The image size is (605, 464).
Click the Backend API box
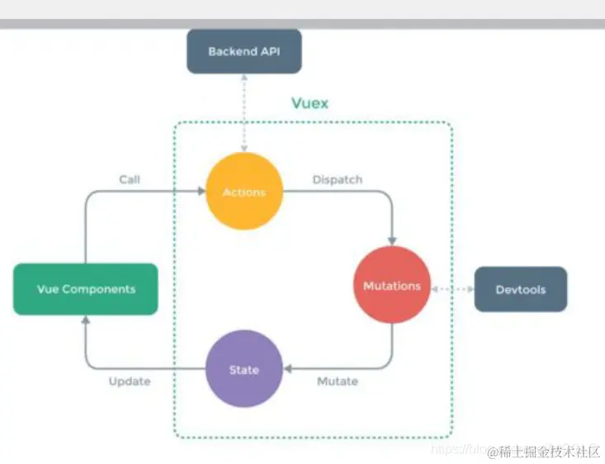click(x=243, y=51)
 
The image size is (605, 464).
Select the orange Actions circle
click(x=244, y=192)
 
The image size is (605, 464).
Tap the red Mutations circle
click(x=392, y=286)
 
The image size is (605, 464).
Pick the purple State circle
click(x=244, y=370)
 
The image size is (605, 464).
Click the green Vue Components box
click(x=86, y=289)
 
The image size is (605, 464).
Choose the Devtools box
click(x=521, y=289)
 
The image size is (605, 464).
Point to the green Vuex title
click(x=310, y=103)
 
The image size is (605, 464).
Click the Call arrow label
click(x=130, y=178)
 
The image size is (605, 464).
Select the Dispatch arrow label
click(x=337, y=178)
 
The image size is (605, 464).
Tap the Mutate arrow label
click(x=338, y=381)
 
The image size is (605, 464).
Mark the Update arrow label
click(x=130, y=381)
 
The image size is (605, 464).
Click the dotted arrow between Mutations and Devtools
click(x=452, y=289)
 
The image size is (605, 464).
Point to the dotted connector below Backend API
click(x=244, y=112)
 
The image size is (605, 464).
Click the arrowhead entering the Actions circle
click(x=201, y=192)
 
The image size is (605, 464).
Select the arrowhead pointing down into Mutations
click(x=392, y=243)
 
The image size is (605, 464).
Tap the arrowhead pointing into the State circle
click(x=287, y=369)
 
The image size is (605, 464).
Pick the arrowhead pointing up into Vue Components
click(x=86, y=320)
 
